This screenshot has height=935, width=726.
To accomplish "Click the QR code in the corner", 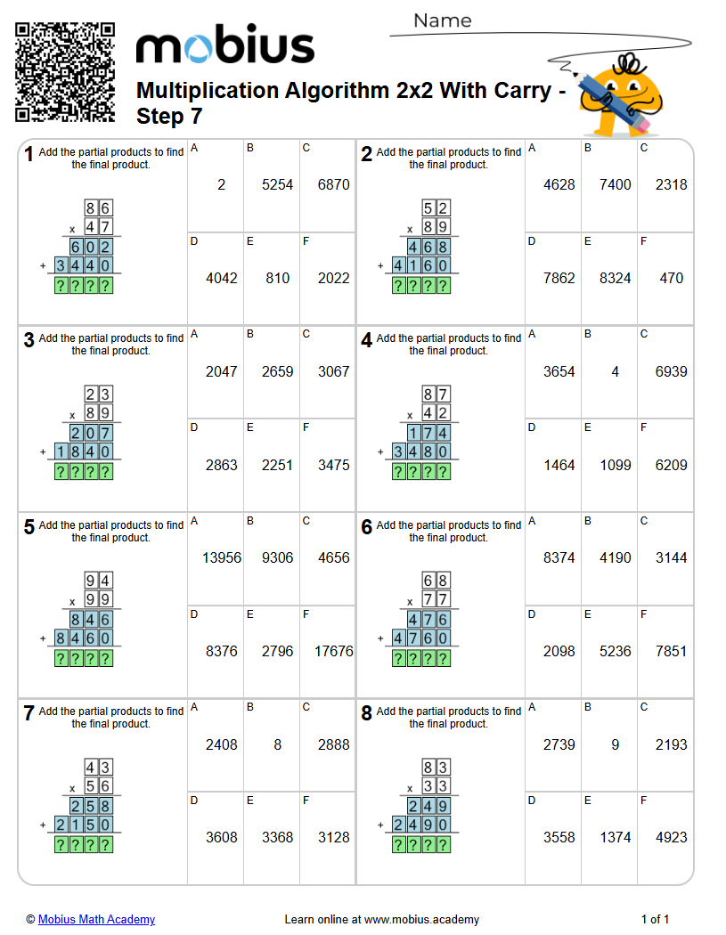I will click(65, 72).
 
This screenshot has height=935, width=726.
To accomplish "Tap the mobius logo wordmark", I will click(224, 47).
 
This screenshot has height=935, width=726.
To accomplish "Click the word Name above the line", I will click(442, 20).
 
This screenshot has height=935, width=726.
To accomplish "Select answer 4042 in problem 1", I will click(222, 278).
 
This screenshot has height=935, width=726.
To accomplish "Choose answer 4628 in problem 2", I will click(559, 185).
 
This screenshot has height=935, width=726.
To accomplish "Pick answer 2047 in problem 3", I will click(222, 371).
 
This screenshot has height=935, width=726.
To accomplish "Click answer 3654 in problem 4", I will click(559, 371).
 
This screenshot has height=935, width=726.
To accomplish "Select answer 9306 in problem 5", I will click(277, 558).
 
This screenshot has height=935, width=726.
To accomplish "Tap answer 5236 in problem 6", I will click(615, 651).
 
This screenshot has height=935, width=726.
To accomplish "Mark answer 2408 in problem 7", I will click(222, 744).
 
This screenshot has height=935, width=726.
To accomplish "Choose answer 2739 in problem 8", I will click(559, 744).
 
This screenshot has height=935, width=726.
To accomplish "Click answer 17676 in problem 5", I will click(334, 651).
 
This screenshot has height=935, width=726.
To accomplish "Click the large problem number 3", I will click(29, 340).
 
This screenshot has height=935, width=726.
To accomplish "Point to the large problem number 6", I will click(366, 527).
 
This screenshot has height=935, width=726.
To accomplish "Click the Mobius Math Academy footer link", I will click(96, 919).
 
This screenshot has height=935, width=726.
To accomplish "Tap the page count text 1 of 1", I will click(655, 919).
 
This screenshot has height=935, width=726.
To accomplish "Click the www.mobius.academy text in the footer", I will click(421, 919).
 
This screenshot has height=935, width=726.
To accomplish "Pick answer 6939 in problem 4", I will click(671, 371).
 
